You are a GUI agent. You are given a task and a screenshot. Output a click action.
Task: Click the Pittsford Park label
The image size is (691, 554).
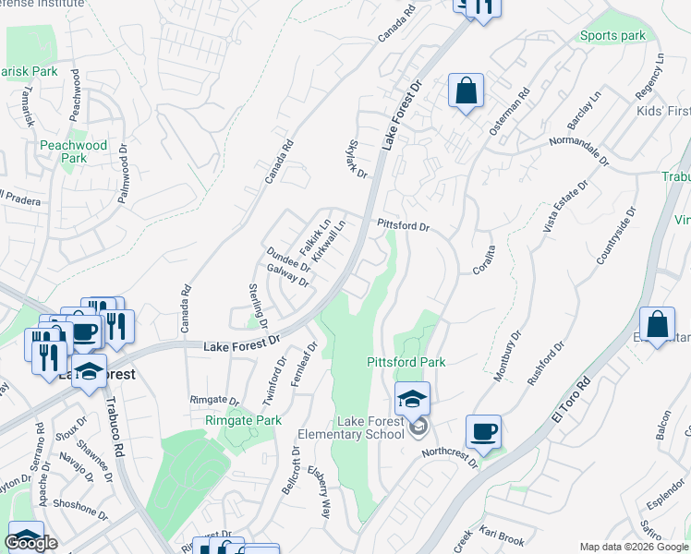pos(406,362)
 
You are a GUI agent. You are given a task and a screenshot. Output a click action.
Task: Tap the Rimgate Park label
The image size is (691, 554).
pos(243,420)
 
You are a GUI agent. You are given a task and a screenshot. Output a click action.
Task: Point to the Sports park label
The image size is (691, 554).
pos(612,36)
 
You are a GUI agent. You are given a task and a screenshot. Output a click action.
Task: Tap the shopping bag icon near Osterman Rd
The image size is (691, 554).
pos(466,91)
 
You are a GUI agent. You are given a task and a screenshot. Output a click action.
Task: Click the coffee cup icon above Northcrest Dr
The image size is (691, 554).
pos(484,431)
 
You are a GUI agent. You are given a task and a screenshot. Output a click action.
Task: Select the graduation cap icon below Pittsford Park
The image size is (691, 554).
pos(412,398)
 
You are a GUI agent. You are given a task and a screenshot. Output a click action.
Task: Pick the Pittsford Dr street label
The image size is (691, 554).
pos(404,226)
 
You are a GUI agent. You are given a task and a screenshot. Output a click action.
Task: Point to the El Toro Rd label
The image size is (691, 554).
pos(571,401)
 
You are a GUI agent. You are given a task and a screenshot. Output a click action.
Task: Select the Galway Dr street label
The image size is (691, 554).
pos(286,274)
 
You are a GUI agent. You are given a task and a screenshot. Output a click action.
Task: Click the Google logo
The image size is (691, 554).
pos(30,543)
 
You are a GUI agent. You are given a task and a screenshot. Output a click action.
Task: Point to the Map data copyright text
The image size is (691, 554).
pos(634,547)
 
